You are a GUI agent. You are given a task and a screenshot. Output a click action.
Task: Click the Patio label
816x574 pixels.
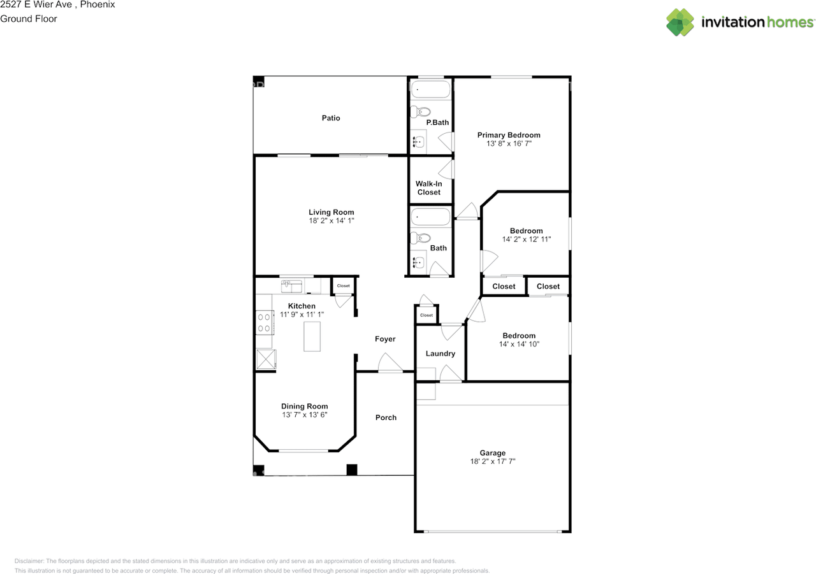click(x=330, y=118)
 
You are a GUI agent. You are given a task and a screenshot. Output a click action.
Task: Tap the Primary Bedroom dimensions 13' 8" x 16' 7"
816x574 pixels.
click(x=509, y=144)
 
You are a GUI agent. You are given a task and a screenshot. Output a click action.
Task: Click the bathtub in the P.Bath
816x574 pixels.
click(x=430, y=89)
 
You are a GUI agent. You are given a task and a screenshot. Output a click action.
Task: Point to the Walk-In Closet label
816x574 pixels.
click(x=428, y=188)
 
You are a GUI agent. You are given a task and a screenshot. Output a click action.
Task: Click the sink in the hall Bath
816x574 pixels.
click(x=418, y=262)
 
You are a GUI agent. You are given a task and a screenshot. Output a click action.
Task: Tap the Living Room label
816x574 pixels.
click(x=331, y=212)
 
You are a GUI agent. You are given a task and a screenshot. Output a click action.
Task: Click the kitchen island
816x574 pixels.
click(x=312, y=336)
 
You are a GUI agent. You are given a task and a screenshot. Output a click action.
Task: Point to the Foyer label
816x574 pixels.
click(x=385, y=339)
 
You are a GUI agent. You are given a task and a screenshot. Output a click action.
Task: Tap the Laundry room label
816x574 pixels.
click(x=440, y=354)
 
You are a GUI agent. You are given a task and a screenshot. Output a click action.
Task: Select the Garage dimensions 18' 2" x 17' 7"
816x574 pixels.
click(x=493, y=461)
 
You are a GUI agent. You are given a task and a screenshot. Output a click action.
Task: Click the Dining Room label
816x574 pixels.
click(x=305, y=406)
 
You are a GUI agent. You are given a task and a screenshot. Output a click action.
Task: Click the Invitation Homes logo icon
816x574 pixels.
click(x=680, y=22)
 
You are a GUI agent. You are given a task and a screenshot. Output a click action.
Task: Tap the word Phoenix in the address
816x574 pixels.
click(x=97, y=4)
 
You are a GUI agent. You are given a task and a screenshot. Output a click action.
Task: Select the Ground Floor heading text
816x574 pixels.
click(x=29, y=18)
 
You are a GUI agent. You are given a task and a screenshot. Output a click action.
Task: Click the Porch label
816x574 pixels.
click(x=386, y=417)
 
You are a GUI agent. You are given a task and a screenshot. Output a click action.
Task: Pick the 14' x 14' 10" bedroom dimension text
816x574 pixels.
click(x=518, y=344)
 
